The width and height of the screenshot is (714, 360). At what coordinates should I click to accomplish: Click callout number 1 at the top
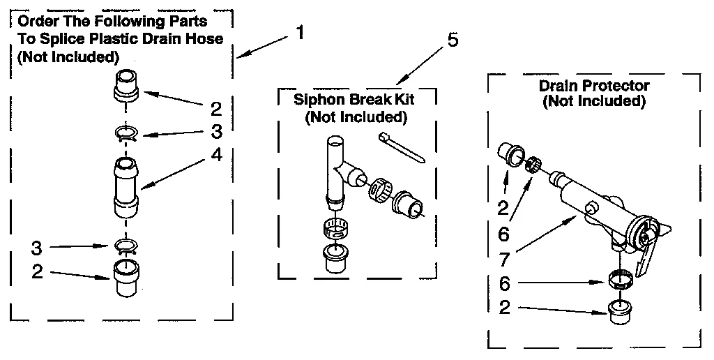click(x=300, y=33)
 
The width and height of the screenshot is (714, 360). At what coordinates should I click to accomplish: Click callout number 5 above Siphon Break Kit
click(x=453, y=40)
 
